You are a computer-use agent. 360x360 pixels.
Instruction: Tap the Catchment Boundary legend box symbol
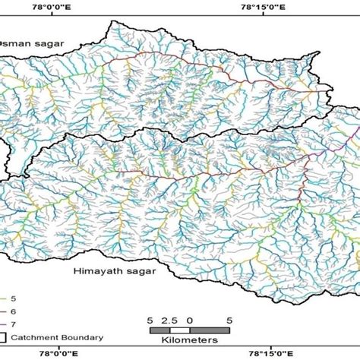[5, 338]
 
